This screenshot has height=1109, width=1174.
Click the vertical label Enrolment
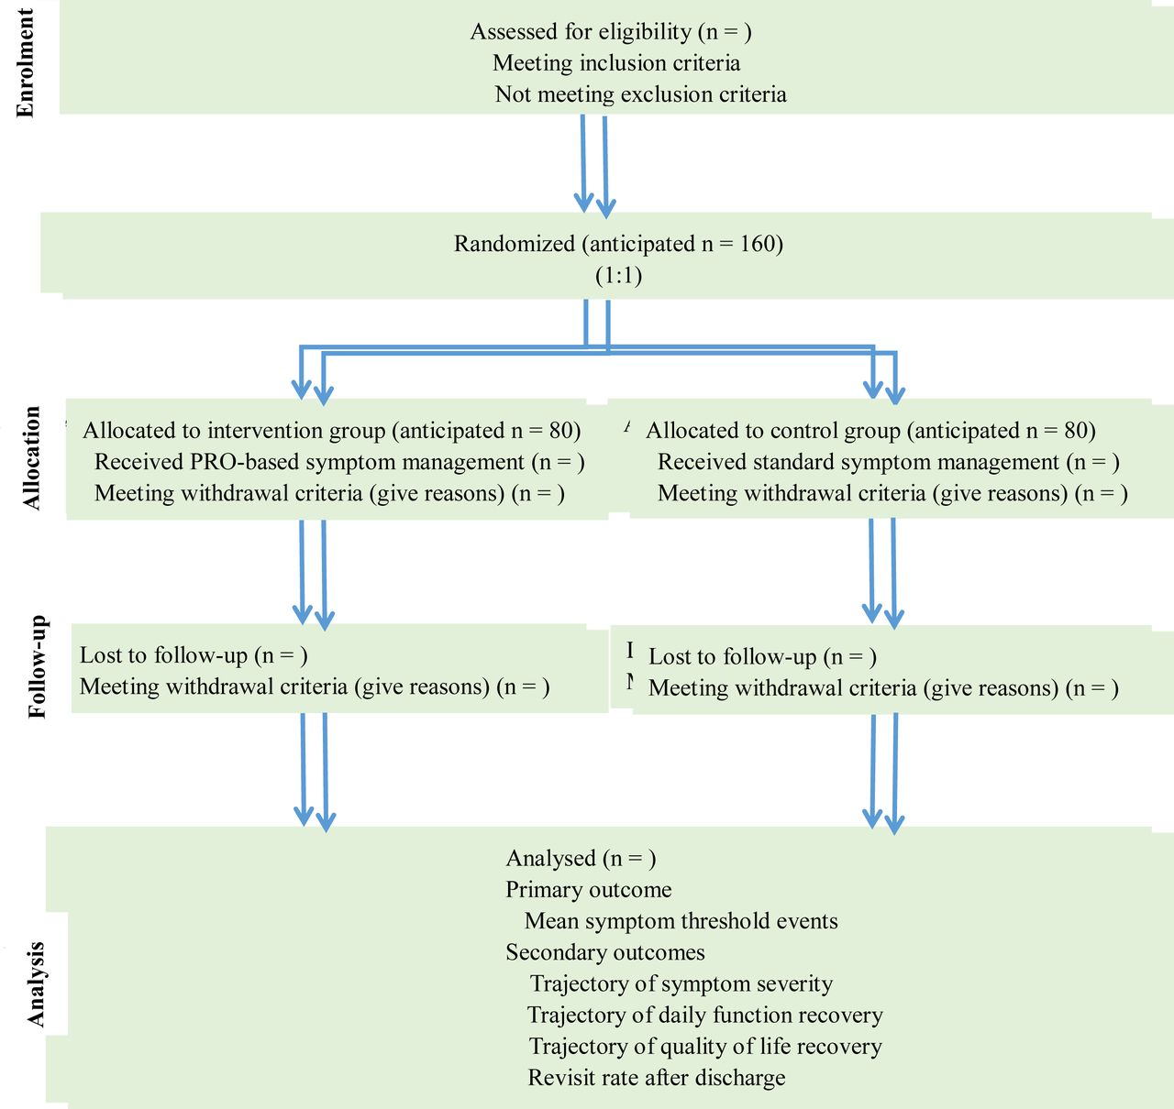coord(25,63)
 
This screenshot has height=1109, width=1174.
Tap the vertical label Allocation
coord(32,457)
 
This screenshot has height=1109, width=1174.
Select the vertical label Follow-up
coord(37,666)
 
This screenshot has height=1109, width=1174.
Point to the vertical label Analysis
coord(36,984)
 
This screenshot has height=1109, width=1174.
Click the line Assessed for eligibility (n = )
coord(611,32)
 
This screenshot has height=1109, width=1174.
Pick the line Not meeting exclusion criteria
coord(640,94)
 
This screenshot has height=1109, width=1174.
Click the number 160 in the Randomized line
coord(757,244)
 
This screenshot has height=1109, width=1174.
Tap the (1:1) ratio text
coord(619,276)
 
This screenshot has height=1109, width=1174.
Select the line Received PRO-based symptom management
coord(339,462)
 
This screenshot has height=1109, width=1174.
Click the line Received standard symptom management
coord(889,462)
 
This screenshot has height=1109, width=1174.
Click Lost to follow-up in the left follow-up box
coord(163,655)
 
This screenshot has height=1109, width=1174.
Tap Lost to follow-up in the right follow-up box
coord(733,656)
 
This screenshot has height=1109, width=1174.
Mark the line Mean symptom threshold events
coord(681,921)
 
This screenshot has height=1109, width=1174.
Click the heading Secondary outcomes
coord(605,952)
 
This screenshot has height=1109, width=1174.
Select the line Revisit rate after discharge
coord(657,1077)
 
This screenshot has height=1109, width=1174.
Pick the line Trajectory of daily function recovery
coord(704,1015)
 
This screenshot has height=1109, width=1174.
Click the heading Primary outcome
coord(588,890)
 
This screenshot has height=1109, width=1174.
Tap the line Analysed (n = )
coord(581,858)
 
